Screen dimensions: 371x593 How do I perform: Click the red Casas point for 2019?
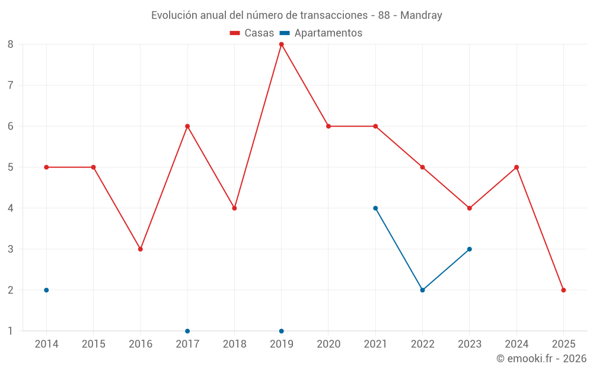tap(281, 45)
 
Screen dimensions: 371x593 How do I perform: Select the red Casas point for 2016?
tap(141, 249)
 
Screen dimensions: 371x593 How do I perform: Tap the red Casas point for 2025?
tap(563, 290)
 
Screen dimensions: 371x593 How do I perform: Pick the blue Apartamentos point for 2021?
tap(375, 208)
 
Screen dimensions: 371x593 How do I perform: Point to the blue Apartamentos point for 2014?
tap(46, 290)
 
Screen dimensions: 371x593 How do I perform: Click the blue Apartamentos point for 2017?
tap(187, 331)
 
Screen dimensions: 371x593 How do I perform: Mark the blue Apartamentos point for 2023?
tap(470, 249)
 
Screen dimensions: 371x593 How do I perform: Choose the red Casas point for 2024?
tap(517, 167)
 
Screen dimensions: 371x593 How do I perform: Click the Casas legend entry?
tap(252, 33)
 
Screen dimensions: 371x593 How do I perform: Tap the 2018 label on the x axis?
tap(234, 344)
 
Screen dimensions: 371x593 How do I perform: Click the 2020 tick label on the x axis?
tap(329, 344)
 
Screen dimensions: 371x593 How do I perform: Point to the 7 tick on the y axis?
tap(11, 85)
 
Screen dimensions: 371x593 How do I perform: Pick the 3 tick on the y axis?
tap(11, 249)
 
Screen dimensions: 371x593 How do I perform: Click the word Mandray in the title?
tap(421, 15)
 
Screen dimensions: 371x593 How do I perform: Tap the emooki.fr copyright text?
tap(541, 359)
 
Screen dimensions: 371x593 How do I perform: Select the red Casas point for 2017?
tap(187, 126)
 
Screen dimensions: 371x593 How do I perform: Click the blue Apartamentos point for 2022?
tap(422, 290)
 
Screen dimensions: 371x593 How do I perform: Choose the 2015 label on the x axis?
tap(94, 344)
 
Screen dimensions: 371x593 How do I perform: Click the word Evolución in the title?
tap(174, 15)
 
